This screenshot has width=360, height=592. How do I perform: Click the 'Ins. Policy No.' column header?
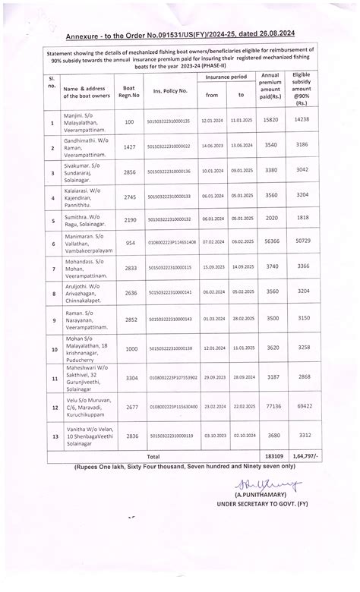point(169,90)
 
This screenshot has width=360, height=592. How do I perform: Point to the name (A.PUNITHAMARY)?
point(254,494)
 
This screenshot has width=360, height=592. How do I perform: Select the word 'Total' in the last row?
point(153,455)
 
